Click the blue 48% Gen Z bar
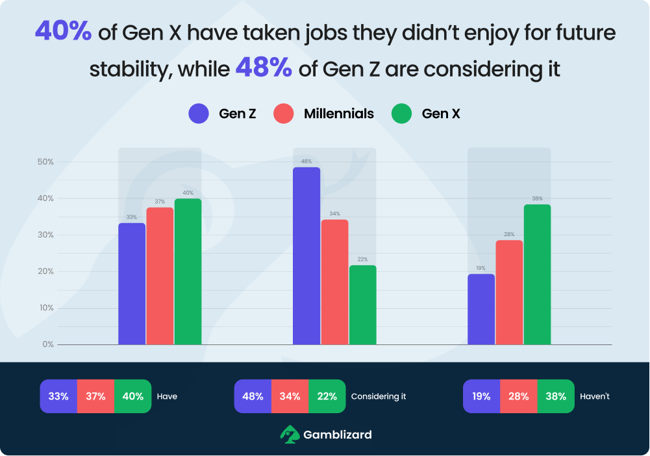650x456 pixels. pos(306,256)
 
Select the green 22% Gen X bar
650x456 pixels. pos(362,305)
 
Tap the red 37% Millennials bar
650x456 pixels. pos(160,276)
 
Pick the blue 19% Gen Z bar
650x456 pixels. pos(481,309)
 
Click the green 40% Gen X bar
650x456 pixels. pos(188,271)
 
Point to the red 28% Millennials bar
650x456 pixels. pos(509,292)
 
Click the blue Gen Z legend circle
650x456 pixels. pos(199,114)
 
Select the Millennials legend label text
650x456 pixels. pos(339,114)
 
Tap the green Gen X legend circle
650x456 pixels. pos(402,114)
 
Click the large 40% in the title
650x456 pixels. pos(63,30)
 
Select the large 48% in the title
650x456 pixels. pos(264,67)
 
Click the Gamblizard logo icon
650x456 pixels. pos(290,434)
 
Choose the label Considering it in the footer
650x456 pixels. pos(379,396)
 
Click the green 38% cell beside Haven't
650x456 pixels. pos(555,396)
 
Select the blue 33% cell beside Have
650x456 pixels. pos(58,396)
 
